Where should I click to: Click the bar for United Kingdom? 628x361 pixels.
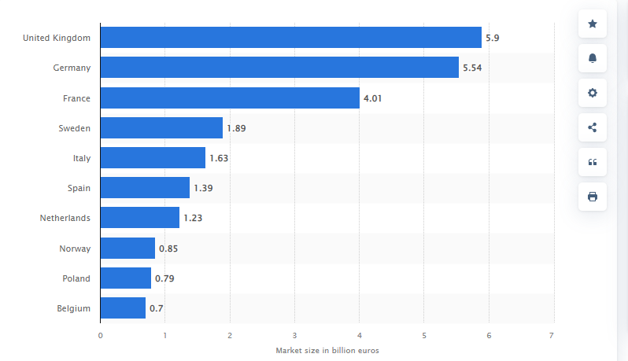point(291,38)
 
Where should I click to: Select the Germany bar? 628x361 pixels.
point(279,68)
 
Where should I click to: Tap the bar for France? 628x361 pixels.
point(230,98)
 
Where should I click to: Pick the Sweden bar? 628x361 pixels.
point(161,128)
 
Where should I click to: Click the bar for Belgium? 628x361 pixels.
point(123,308)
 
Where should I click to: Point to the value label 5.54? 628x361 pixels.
point(472,68)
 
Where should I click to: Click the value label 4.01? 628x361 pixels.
point(372,98)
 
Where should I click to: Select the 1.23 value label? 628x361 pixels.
point(193,219)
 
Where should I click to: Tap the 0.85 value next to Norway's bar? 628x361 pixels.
point(168,249)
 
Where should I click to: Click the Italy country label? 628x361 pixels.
point(80,158)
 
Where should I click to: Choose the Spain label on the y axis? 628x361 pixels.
point(79,188)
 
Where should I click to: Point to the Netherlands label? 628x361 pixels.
point(65,219)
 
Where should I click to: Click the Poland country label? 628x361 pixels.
point(76,278)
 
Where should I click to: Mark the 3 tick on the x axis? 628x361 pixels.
point(294,335)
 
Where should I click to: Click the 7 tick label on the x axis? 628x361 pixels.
point(552,335)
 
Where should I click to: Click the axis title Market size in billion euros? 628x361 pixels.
point(327,350)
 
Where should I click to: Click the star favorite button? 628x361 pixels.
point(593,24)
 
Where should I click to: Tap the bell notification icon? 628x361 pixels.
point(593,58)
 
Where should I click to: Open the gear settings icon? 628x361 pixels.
point(593,93)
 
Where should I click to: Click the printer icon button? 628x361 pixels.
point(593,196)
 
